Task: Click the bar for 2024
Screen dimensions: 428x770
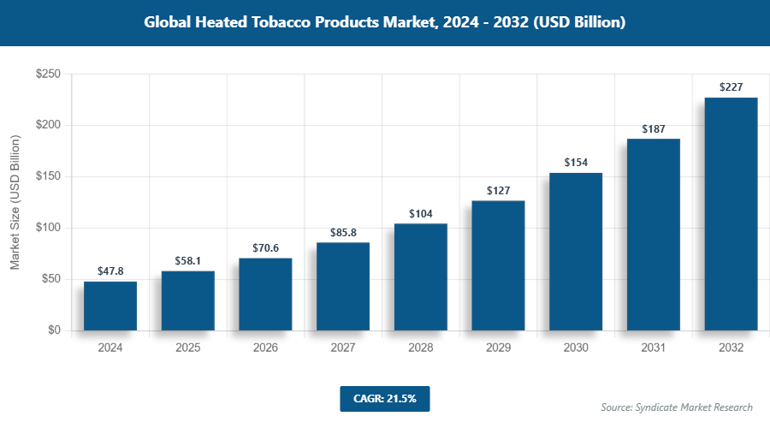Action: (110, 306)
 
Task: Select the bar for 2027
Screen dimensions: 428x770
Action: (343, 286)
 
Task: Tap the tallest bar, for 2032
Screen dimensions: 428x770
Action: (731, 214)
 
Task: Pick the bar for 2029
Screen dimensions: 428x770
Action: (498, 265)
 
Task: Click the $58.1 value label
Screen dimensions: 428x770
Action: (188, 260)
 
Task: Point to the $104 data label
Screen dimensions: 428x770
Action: (420, 213)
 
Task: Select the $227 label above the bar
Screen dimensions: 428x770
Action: (731, 87)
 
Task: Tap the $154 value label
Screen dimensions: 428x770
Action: (576, 162)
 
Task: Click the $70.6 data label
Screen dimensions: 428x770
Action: (265, 247)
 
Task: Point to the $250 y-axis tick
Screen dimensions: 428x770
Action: (47, 74)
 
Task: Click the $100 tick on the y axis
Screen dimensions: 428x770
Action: (47, 228)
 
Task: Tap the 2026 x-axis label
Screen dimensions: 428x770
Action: (265, 348)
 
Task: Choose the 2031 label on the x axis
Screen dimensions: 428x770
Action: (653, 348)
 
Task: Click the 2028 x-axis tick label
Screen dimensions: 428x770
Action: (420, 348)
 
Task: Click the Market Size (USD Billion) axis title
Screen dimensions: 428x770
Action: (15, 202)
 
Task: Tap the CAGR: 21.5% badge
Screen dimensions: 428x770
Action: (384, 398)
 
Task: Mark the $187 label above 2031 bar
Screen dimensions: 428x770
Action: (653, 128)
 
